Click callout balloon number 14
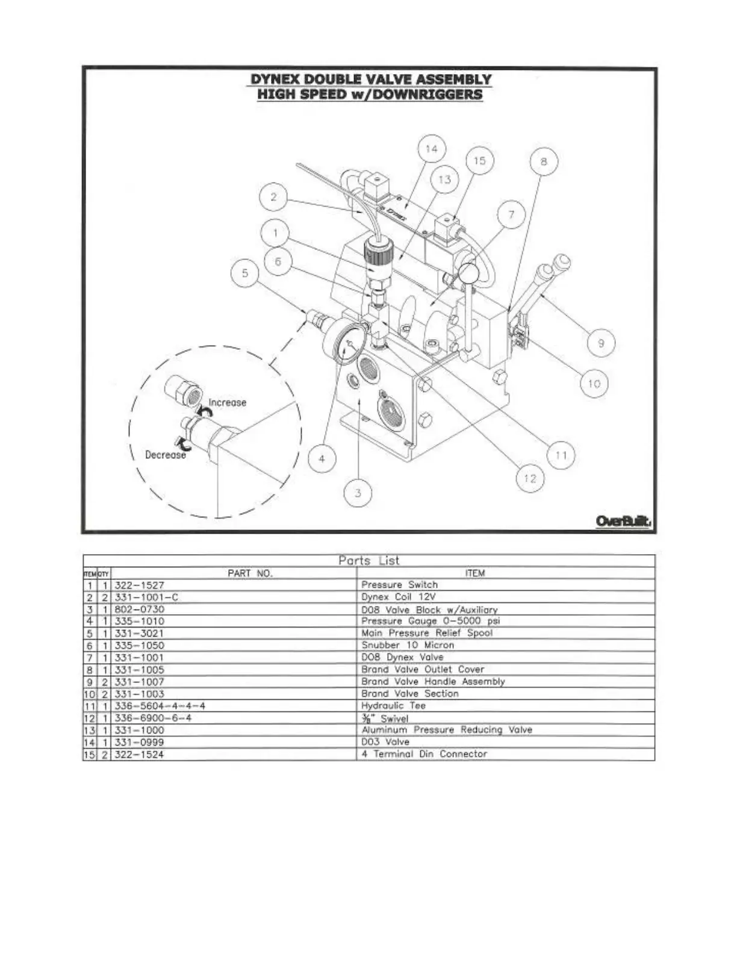[x=432, y=149]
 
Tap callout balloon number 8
[x=544, y=161]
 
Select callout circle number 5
[x=245, y=273]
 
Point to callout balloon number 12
[x=530, y=478]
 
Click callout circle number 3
[x=358, y=493]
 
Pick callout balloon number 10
[x=594, y=384]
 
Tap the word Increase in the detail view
[x=227, y=402]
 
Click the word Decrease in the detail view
[x=166, y=455]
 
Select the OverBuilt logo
[x=623, y=521]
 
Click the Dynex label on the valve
[x=394, y=211]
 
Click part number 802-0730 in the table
[x=139, y=609]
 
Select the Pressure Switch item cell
[x=399, y=585]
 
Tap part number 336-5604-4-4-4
[x=160, y=706]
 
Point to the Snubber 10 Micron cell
[x=408, y=645]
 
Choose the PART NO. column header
[x=250, y=573]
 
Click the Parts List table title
[x=368, y=561]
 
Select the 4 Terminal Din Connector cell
[x=424, y=754]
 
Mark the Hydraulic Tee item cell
[x=393, y=706]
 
